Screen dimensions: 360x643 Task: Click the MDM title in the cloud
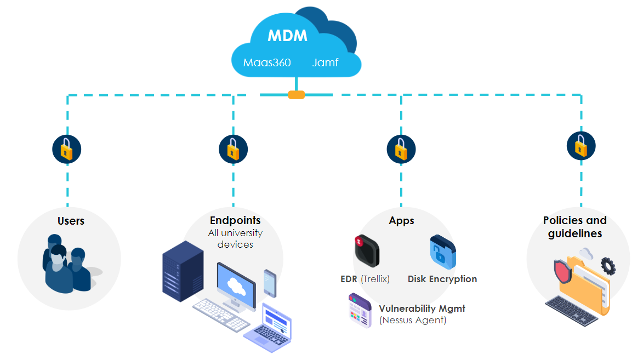coord(287,36)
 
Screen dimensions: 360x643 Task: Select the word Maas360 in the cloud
coord(266,62)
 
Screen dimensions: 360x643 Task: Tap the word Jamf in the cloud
coord(325,62)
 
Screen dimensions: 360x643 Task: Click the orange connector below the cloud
coord(296,95)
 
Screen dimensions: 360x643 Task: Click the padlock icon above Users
coord(67,148)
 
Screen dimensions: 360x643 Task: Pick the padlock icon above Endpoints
coord(233,148)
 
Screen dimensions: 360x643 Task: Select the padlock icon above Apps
coord(401,148)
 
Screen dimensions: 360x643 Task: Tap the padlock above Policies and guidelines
coord(581,146)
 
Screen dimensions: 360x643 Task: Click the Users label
coord(71,221)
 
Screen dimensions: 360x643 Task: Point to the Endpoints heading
coord(235,220)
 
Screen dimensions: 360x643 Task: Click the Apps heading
coord(401,221)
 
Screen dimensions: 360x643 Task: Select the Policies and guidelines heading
coord(574,227)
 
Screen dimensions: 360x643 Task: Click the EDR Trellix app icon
coord(366,250)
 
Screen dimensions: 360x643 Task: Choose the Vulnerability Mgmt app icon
coord(360,311)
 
